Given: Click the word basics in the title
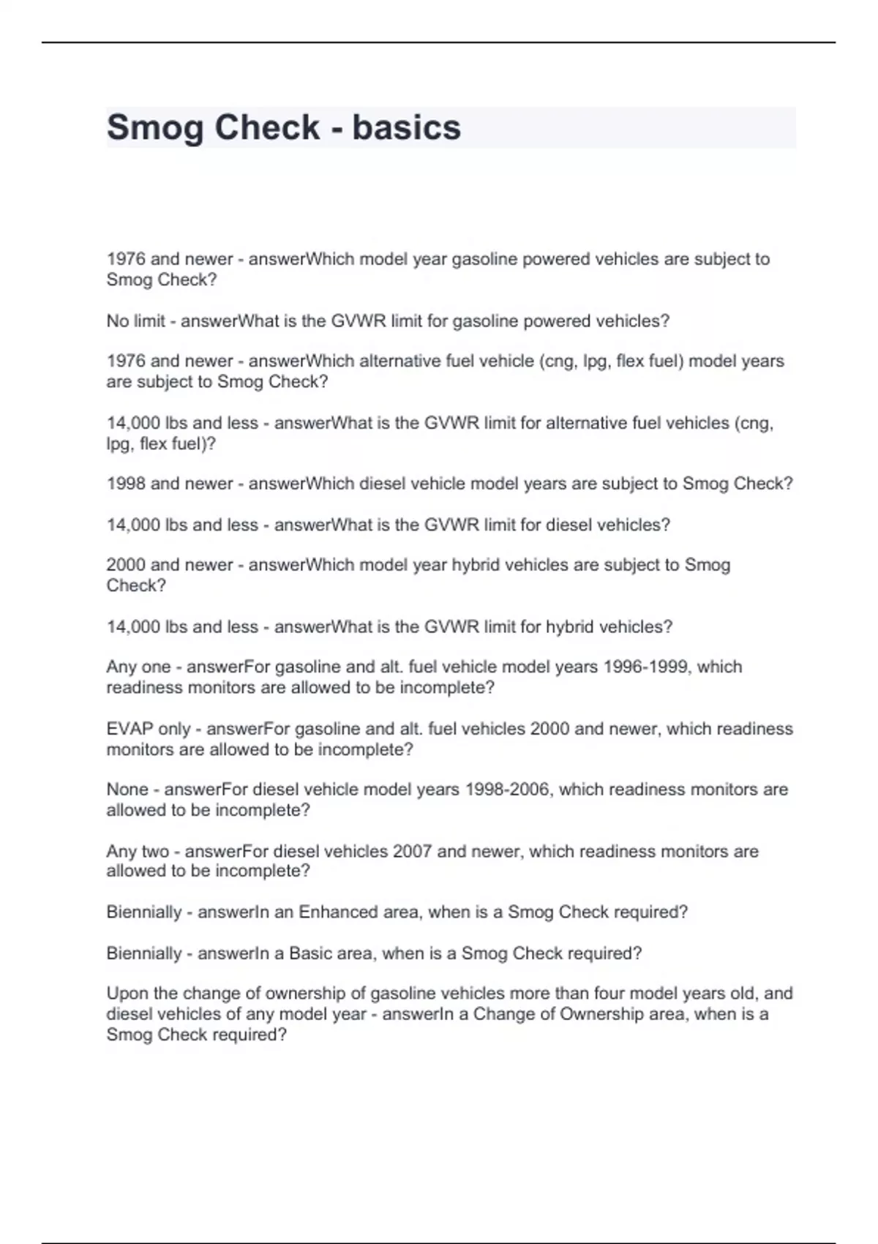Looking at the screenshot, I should click(x=406, y=127).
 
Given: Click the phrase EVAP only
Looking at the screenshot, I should click(x=149, y=729).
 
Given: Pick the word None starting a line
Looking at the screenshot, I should click(x=127, y=790).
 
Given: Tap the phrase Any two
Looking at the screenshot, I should click(x=138, y=851).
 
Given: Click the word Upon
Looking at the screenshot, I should click(x=127, y=993).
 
